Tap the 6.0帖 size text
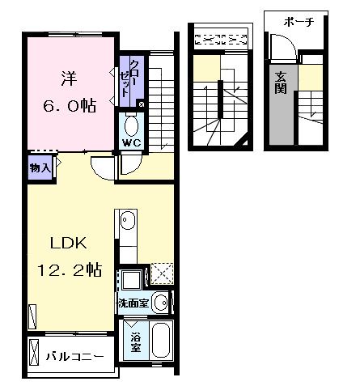[70, 105]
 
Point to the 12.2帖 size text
[70, 269]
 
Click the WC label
[132, 145]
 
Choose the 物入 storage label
[40, 168]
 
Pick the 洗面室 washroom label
[133, 304]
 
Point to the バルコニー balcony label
[74, 356]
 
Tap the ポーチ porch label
[299, 23]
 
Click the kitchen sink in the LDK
[127, 220]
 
